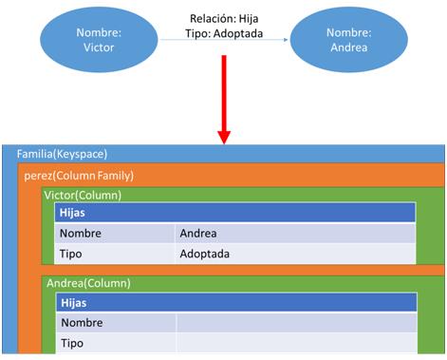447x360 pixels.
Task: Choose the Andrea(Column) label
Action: tap(89, 283)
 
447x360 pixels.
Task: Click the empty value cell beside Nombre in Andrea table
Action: tap(295, 323)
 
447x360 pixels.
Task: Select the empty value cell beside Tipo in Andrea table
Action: tap(295, 343)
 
